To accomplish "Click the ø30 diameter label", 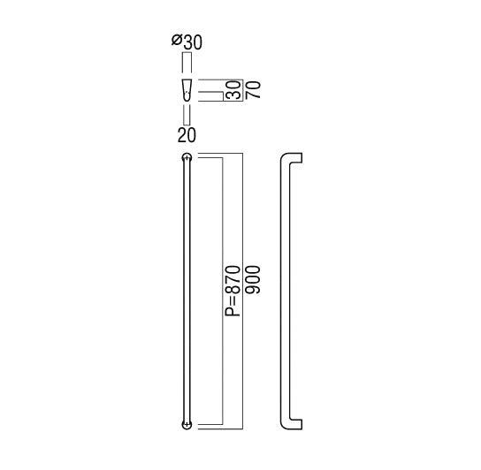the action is click(187, 42).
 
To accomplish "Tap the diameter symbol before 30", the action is click(177, 41).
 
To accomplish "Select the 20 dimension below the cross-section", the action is click(187, 135).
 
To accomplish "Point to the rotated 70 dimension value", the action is click(254, 89).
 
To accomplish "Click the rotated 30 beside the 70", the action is click(233, 90).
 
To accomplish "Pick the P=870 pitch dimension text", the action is click(233, 291).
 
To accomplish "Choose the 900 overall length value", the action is click(253, 279).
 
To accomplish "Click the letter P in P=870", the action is click(233, 312).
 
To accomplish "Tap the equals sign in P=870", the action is click(233, 300).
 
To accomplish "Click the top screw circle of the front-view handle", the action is click(187, 157).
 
